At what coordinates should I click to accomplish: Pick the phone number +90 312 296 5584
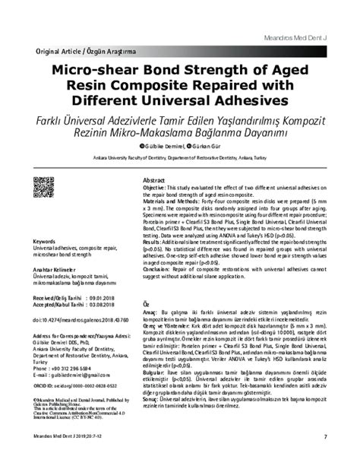point(77,368)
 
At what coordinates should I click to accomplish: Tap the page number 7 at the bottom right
point(324,456)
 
